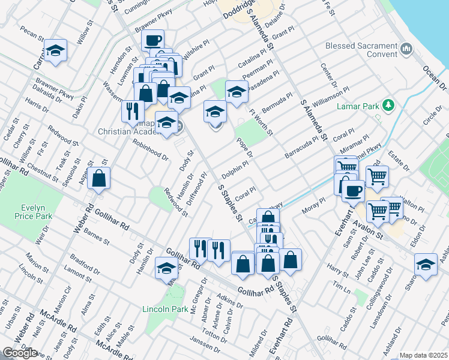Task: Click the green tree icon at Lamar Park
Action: tap(388, 106)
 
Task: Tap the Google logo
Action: tap(19, 352)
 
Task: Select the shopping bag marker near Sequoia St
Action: tap(99, 178)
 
